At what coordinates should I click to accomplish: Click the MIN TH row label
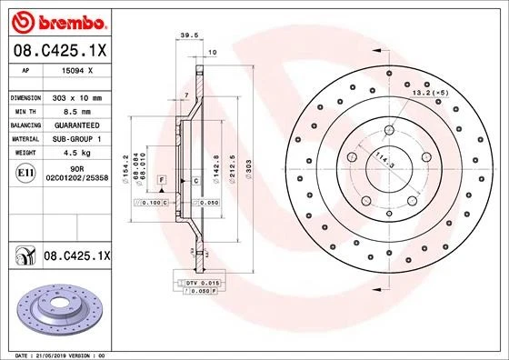25,110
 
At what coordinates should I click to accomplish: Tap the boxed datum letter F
161,182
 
